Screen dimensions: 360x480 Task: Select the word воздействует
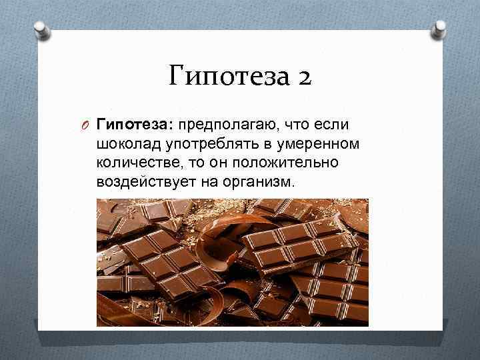pos(139,182)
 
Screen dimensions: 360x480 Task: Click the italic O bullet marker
pos(87,125)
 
